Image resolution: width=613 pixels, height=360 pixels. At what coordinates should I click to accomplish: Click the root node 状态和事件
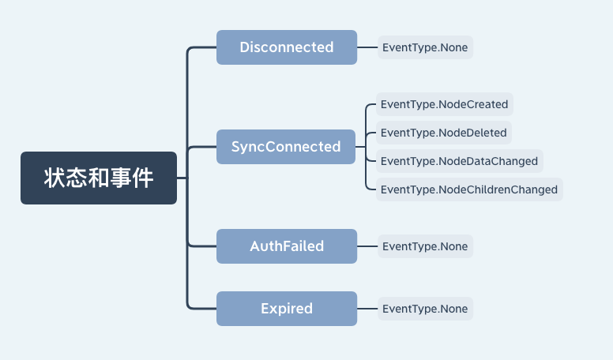pos(99,178)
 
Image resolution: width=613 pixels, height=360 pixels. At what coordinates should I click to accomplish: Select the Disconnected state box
pos(287,47)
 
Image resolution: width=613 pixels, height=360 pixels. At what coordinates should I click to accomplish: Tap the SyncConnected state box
pos(286,147)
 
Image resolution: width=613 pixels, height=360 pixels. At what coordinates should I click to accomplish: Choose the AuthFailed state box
pos(287,246)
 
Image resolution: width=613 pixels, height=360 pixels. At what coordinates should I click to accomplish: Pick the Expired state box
pos(287,309)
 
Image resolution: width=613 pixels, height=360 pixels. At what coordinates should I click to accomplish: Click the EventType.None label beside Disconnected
pos(425,47)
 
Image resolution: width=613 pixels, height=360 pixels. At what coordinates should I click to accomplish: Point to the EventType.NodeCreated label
pos(445,104)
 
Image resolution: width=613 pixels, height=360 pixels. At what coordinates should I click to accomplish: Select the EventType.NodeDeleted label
pos(444,133)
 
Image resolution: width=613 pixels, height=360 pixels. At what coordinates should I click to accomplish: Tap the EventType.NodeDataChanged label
pos(460,161)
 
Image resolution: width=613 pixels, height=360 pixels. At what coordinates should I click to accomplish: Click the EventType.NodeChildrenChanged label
pos(469,189)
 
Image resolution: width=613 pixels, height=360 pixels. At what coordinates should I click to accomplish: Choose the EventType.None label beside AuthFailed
pos(425,246)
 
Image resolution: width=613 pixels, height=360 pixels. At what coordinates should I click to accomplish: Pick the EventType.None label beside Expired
pos(425,309)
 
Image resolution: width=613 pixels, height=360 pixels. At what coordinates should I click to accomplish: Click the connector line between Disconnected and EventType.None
pos(367,47)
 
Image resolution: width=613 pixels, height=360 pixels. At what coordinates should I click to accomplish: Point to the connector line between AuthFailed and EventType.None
pos(367,246)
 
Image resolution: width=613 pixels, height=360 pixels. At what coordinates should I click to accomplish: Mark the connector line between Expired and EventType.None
pos(367,309)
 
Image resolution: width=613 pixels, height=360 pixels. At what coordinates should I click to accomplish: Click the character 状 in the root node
pos(55,178)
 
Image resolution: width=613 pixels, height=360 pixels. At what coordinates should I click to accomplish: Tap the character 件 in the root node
pos(142,178)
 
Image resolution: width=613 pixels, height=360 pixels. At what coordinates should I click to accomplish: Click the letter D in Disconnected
pos(245,47)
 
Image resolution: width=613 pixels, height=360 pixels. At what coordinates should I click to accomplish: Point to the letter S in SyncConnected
pos(235,147)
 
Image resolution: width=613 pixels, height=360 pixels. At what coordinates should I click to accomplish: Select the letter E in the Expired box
pos(265,309)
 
